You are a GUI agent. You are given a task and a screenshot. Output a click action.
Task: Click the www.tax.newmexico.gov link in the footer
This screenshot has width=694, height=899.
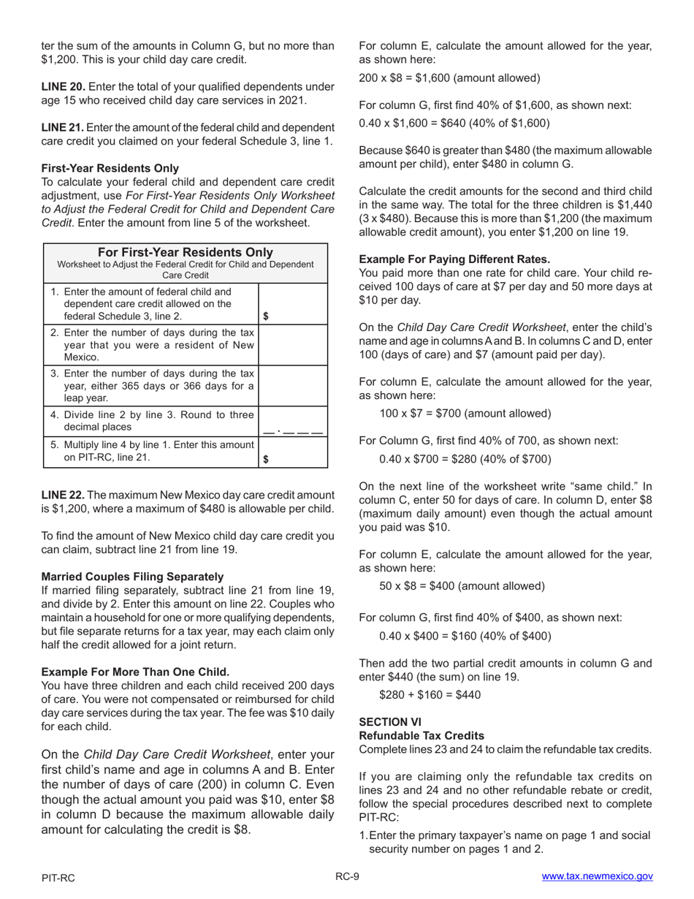click(597, 877)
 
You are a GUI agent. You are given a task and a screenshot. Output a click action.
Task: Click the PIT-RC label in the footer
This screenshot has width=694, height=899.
click(58, 878)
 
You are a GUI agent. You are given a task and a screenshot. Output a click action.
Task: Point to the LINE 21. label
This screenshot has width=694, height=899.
click(62, 127)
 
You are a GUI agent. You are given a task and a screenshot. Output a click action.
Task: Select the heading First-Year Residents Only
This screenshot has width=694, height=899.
click(110, 168)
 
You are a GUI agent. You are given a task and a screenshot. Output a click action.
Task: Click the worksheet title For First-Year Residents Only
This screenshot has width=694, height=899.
click(186, 252)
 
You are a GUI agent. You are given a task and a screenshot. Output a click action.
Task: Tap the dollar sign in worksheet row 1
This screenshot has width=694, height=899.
click(266, 316)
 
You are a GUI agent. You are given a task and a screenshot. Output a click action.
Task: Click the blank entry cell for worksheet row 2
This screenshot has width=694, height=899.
click(294, 344)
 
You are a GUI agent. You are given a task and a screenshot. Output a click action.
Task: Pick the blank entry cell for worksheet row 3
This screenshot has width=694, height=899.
click(294, 385)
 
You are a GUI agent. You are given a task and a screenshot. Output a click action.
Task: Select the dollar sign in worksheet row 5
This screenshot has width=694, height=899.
click(266, 459)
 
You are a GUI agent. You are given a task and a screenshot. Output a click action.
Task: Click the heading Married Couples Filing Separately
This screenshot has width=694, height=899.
click(132, 577)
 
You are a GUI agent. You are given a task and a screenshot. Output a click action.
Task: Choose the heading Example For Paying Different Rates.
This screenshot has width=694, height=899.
click(454, 259)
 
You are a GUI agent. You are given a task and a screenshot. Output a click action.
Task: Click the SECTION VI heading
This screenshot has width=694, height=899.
click(390, 721)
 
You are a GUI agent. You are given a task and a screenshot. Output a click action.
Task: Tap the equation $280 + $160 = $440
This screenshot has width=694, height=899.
click(430, 694)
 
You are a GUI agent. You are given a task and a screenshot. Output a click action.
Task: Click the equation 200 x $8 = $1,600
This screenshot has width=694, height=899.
click(449, 77)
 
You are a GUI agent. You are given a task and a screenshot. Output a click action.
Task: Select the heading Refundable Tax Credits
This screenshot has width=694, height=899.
click(422, 735)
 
